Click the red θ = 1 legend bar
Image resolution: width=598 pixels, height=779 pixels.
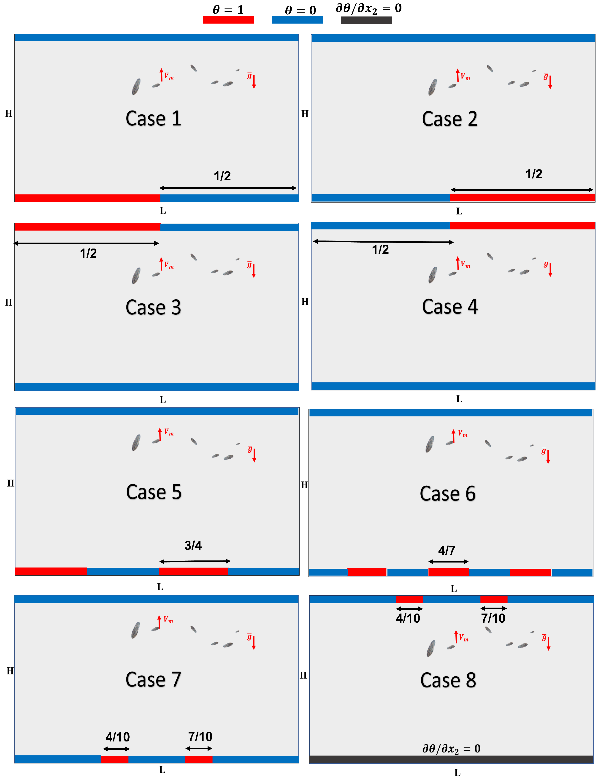228,20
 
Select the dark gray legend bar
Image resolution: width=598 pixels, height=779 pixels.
366,20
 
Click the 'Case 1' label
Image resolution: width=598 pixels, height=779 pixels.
153,119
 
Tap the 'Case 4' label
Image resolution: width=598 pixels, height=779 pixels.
450,307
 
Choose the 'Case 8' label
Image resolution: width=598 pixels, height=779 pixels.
448,680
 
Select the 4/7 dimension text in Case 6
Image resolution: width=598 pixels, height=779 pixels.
447,551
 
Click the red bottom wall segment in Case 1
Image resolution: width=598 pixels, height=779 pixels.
87,198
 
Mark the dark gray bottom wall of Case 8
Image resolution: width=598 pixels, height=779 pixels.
451,759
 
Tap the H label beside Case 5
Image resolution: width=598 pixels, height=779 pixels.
11,483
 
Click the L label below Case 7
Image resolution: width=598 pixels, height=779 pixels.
162,770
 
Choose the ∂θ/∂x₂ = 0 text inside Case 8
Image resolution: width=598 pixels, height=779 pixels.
451,748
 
